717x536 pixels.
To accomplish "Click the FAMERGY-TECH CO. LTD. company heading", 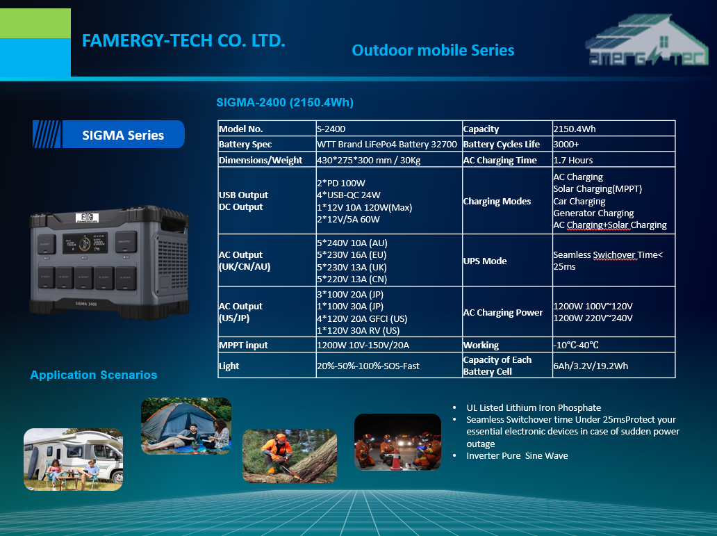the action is click(x=183, y=41).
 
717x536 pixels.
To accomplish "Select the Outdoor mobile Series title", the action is click(x=433, y=50).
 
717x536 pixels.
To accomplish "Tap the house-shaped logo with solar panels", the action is click(x=647, y=40).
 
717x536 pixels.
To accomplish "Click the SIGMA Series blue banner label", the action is click(x=109, y=135).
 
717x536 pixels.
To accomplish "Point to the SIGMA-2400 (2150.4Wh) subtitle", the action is click(x=285, y=102).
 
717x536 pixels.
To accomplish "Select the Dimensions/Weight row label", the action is click(x=260, y=160).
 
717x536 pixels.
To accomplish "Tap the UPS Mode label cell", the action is click(x=485, y=261).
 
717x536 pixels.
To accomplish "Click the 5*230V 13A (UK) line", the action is click(x=352, y=268).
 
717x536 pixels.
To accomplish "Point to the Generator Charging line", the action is click(x=593, y=213).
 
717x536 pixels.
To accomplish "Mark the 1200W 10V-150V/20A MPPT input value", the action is click(x=363, y=345).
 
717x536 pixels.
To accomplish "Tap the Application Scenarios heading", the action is click(x=94, y=375).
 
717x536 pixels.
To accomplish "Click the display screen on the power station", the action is click(x=85, y=243).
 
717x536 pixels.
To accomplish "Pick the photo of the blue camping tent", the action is click(x=186, y=426).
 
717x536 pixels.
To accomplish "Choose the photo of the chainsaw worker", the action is click(x=290, y=456).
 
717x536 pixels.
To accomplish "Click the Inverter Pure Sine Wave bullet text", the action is click(x=517, y=456).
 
